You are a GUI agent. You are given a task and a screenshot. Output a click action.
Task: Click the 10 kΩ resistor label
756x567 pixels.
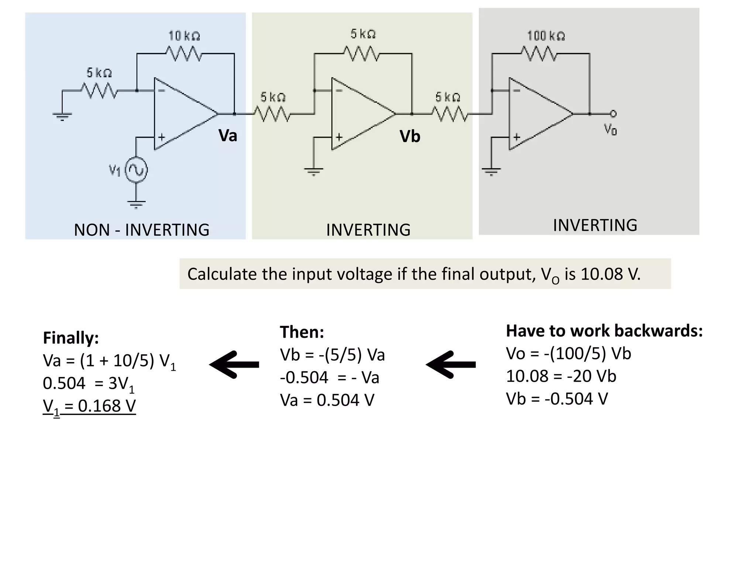click(184, 36)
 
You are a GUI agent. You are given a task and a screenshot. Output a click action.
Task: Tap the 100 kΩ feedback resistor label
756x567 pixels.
click(546, 36)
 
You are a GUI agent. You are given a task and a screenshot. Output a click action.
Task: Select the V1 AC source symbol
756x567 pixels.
click(137, 170)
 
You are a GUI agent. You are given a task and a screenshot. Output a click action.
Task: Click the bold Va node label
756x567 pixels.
click(227, 135)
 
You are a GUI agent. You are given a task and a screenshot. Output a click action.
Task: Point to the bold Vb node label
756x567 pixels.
click(410, 137)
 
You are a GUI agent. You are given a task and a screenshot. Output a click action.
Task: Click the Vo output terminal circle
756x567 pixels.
click(613, 114)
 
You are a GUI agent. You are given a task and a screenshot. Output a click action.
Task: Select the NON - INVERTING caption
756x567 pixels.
click(141, 230)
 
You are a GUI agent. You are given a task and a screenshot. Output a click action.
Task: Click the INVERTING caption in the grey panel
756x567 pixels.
click(595, 225)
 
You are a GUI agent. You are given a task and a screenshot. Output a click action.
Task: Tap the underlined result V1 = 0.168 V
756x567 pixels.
click(89, 406)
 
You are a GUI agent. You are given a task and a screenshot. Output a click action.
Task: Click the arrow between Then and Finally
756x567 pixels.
click(234, 365)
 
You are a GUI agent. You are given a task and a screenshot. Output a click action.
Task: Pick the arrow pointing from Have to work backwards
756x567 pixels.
click(451, 365)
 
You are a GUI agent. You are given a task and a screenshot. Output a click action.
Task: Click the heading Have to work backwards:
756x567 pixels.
click(604, 331)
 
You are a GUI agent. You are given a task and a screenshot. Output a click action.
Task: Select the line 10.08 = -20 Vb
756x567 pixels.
click(561, 376)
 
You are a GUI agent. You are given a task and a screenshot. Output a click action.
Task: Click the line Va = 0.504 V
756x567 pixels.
click(327, 400)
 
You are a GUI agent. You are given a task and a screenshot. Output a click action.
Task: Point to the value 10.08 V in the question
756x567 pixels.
click(610, 274)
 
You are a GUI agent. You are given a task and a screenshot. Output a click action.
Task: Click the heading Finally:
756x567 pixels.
click(71, 338)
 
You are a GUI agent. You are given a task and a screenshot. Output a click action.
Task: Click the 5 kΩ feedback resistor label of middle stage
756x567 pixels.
click(363, 34)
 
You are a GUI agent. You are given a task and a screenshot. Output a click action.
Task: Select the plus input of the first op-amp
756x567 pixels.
click(161, 137)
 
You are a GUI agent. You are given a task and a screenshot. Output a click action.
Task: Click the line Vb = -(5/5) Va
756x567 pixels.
click(332, 355)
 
